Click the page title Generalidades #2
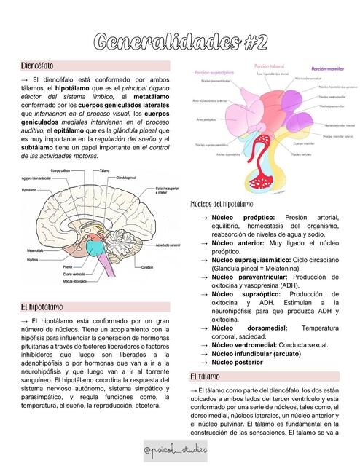coord(180,42)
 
